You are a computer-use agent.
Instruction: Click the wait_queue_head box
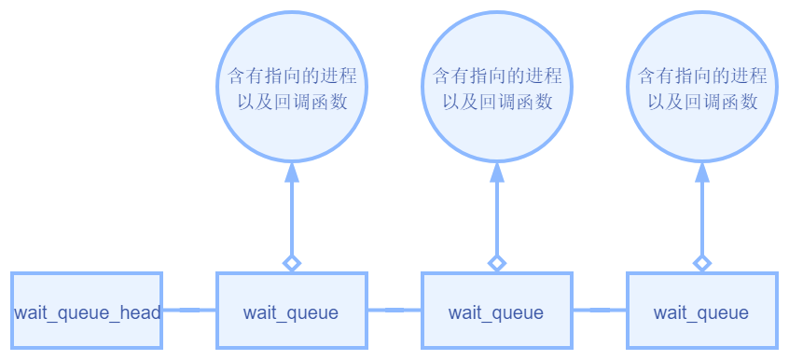[87, 312]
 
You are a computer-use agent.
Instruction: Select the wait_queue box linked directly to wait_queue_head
[291, 312]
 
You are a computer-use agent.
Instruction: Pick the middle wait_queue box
[496, 312]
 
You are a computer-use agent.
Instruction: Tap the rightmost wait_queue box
[701, 312]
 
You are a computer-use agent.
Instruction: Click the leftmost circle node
[292, 87]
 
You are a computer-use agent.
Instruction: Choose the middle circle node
[497, 87]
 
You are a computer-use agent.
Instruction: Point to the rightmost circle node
[702, 87]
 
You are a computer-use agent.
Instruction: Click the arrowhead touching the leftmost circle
[292, 172]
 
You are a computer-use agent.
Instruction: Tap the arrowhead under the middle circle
[497, 172]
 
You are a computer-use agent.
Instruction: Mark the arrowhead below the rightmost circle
[702, 172]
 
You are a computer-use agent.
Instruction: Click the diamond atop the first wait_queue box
[292, 263]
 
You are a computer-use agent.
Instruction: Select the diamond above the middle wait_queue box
[497, 263]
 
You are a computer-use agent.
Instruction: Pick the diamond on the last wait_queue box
[702, 263]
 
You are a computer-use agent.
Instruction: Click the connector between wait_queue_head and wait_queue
[189, 310]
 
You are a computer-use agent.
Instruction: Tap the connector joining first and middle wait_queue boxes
[394, 310]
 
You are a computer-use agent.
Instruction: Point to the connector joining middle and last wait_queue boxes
[599, 310]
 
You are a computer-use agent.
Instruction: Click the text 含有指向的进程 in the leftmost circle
[292, 75]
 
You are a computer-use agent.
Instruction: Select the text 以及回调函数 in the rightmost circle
[702, 101]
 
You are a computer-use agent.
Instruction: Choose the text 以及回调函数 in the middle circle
[497, 101]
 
